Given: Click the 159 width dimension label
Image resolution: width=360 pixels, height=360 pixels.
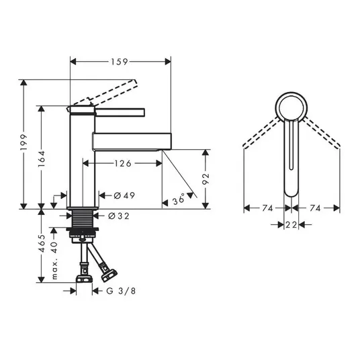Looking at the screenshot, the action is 120,62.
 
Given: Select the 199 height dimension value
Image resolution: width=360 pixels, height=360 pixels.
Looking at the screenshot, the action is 24,142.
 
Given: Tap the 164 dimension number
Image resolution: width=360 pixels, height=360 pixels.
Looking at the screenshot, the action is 42,159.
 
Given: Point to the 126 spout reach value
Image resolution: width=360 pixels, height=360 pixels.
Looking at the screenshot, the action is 123,163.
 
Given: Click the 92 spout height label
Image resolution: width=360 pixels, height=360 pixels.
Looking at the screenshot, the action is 206,179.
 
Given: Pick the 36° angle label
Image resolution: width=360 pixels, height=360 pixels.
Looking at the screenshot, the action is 179,199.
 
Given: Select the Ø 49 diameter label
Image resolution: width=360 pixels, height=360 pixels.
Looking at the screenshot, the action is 124,195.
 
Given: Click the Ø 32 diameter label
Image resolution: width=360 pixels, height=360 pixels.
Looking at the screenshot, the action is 119,216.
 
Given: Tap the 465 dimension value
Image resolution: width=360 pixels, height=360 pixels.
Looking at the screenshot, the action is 42,244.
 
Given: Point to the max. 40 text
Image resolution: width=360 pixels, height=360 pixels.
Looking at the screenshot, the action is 54,261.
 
